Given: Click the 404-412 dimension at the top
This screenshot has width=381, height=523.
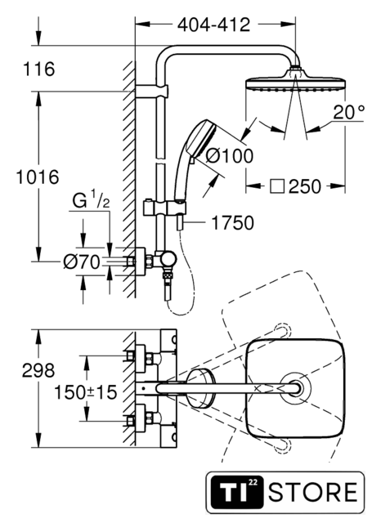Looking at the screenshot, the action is coord(213,25).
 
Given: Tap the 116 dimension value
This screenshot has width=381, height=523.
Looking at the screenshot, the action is coord(38,69).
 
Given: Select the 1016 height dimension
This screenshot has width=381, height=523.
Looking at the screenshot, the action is coord(38,177).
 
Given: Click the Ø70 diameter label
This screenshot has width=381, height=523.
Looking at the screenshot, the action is coord(82,261).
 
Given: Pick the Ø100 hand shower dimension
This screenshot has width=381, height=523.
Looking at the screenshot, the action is coord(230,156).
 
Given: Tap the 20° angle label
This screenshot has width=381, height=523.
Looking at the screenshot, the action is coord(349,112).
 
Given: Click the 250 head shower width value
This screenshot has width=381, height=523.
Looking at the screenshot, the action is coord(305,186).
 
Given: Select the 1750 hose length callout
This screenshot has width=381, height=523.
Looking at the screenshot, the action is coord(233,223).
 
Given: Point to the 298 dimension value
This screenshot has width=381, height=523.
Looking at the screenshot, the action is coord(38,370).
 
